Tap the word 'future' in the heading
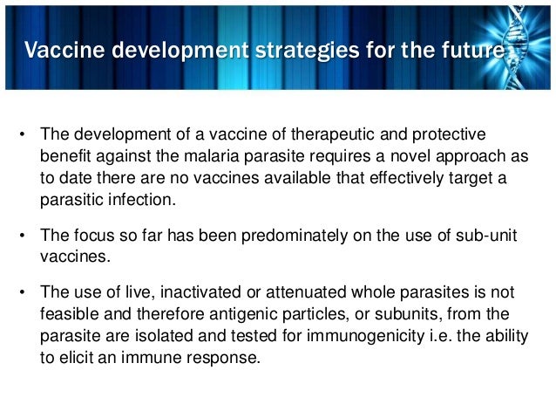[474, 52]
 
